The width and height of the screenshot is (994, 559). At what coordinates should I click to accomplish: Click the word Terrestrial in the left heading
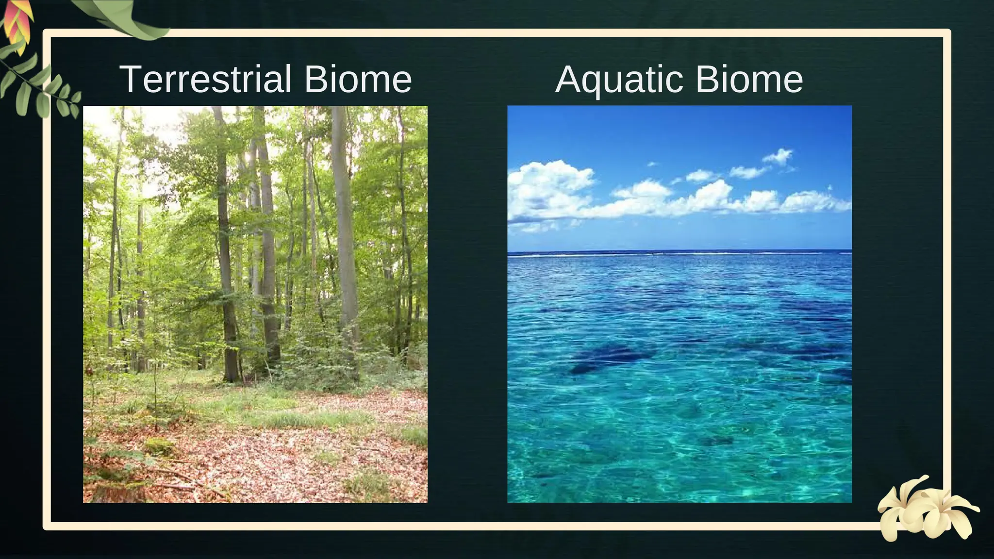click(206, 79)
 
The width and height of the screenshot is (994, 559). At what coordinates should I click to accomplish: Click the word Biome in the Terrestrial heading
click(358, 79)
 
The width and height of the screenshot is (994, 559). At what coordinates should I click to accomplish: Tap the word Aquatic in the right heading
click(620, 79)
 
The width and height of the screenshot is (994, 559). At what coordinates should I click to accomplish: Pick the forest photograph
click(255, 304)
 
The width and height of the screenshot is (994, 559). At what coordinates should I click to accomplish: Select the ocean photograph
click(679, 304)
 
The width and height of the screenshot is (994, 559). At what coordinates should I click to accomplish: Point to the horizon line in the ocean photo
click(679, 252)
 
